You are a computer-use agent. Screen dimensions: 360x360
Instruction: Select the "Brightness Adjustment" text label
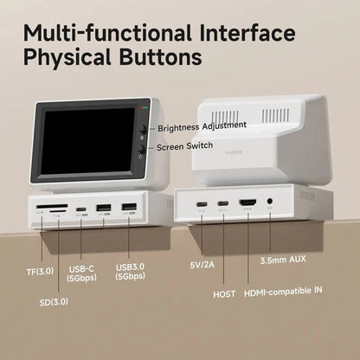202,126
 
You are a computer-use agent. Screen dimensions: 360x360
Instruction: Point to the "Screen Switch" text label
186,147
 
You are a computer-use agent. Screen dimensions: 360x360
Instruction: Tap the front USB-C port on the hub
80,209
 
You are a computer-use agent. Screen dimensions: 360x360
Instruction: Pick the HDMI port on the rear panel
248,204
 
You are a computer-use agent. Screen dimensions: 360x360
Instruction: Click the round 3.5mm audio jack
271,204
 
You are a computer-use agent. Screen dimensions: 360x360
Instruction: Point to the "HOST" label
223,293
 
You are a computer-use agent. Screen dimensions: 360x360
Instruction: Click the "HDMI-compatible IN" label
293,293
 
